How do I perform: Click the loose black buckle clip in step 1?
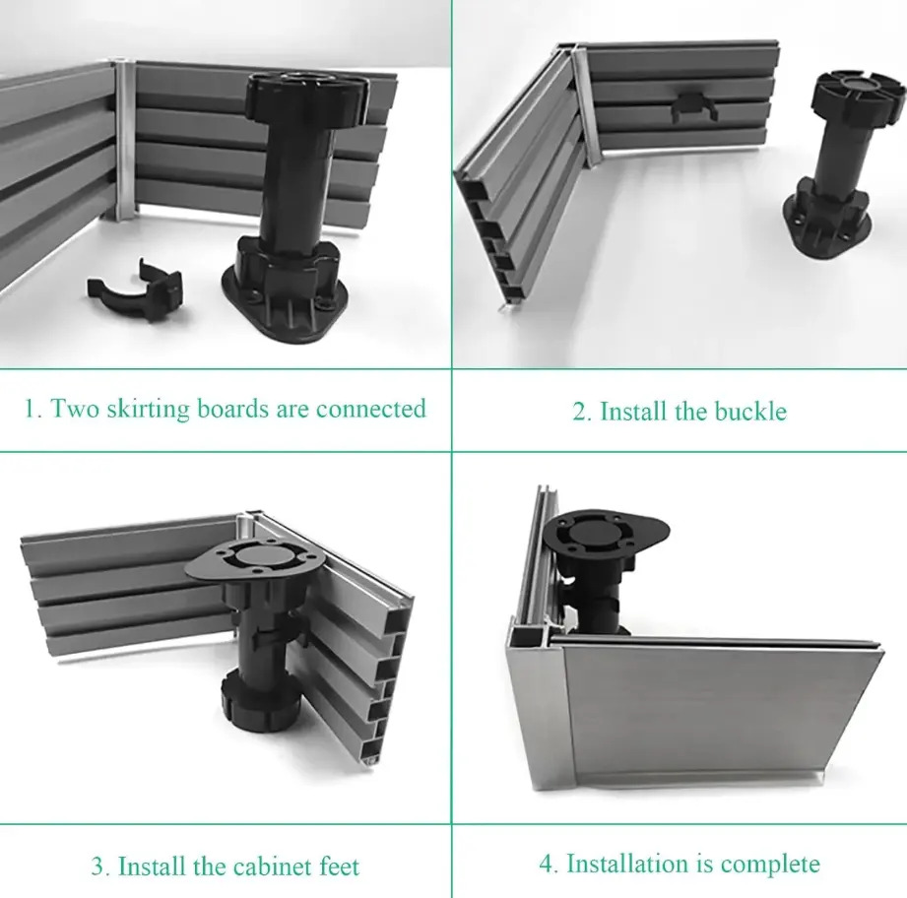(135, 290)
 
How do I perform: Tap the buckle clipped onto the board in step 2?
(694, 107)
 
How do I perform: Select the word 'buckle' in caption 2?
(750, 412)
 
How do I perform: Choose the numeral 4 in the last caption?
(549, 864)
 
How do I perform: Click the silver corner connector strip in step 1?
(124, 140)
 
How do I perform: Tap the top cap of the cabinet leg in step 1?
(305, 95)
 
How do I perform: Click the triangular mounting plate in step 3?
(255, 558)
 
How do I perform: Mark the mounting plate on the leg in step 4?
(606, 532)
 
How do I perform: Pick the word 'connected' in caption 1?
(371, 410)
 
